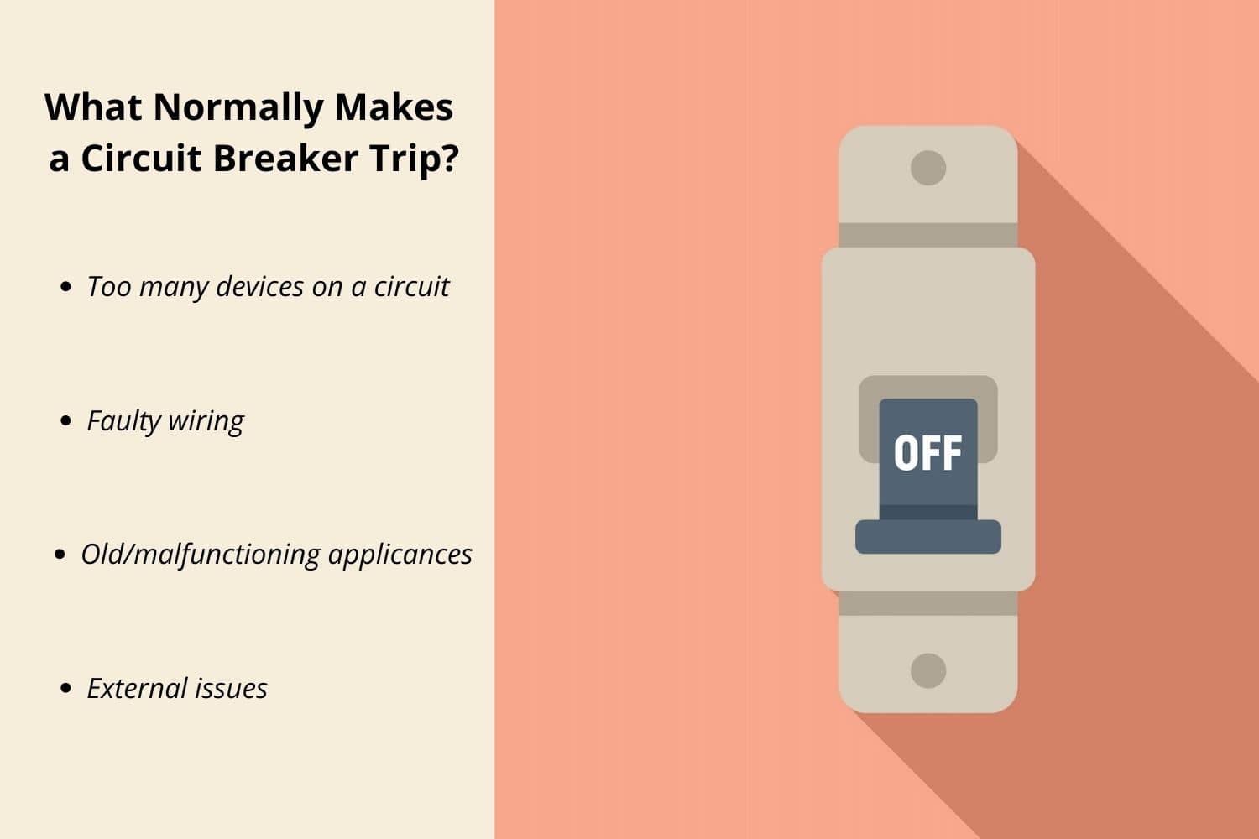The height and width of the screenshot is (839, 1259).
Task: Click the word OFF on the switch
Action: [x=927, y=453]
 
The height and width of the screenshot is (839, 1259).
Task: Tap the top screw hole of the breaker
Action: [x=928, y=168]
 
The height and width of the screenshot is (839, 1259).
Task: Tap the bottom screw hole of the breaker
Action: [x=928, y=670]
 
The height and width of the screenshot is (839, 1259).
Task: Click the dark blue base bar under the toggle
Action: [x=928, y=537]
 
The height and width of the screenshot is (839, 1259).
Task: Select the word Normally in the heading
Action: [x=238, y=108]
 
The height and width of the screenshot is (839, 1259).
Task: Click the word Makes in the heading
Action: [x=394, y=107]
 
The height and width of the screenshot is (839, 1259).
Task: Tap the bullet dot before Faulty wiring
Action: [x=66, y=421]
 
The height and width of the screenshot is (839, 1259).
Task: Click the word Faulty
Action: [x=123, y=421]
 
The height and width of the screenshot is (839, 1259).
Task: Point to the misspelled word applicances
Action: [x=400, y=555]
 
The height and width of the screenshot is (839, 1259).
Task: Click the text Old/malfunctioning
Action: [x=201, y=555]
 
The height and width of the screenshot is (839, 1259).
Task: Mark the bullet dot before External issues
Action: [x=66, y=689]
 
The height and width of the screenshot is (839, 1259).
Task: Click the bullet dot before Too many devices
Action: [x=66, y=287]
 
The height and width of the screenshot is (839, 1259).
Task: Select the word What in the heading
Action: [x=93, y=107]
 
